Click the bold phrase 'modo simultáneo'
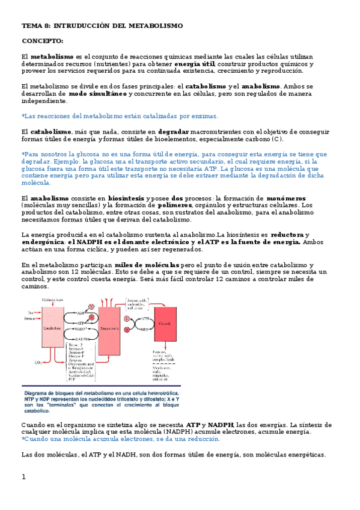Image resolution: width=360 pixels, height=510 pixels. [x=97, y=94]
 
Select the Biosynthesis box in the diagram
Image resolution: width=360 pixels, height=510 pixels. [x=109, y=329]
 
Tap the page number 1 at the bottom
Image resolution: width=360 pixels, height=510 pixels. [x=23, y=477]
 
